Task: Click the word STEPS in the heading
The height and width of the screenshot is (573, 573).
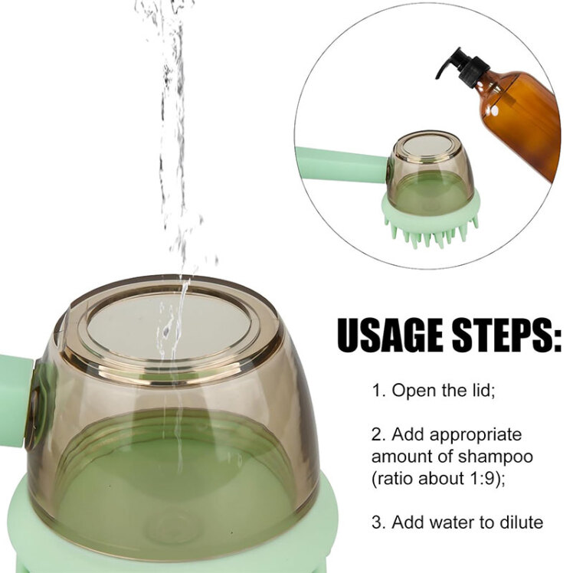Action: [x=506, y=335]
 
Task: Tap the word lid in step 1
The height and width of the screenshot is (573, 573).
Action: [x=482, y=390]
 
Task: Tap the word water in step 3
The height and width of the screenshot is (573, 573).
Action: [x=453, y=522]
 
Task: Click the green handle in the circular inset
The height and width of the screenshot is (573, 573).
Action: [x=342, y=165]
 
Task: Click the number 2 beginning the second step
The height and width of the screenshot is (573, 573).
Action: [x=376, y=435]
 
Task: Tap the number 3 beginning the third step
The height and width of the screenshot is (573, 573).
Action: [x=377, y=522]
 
